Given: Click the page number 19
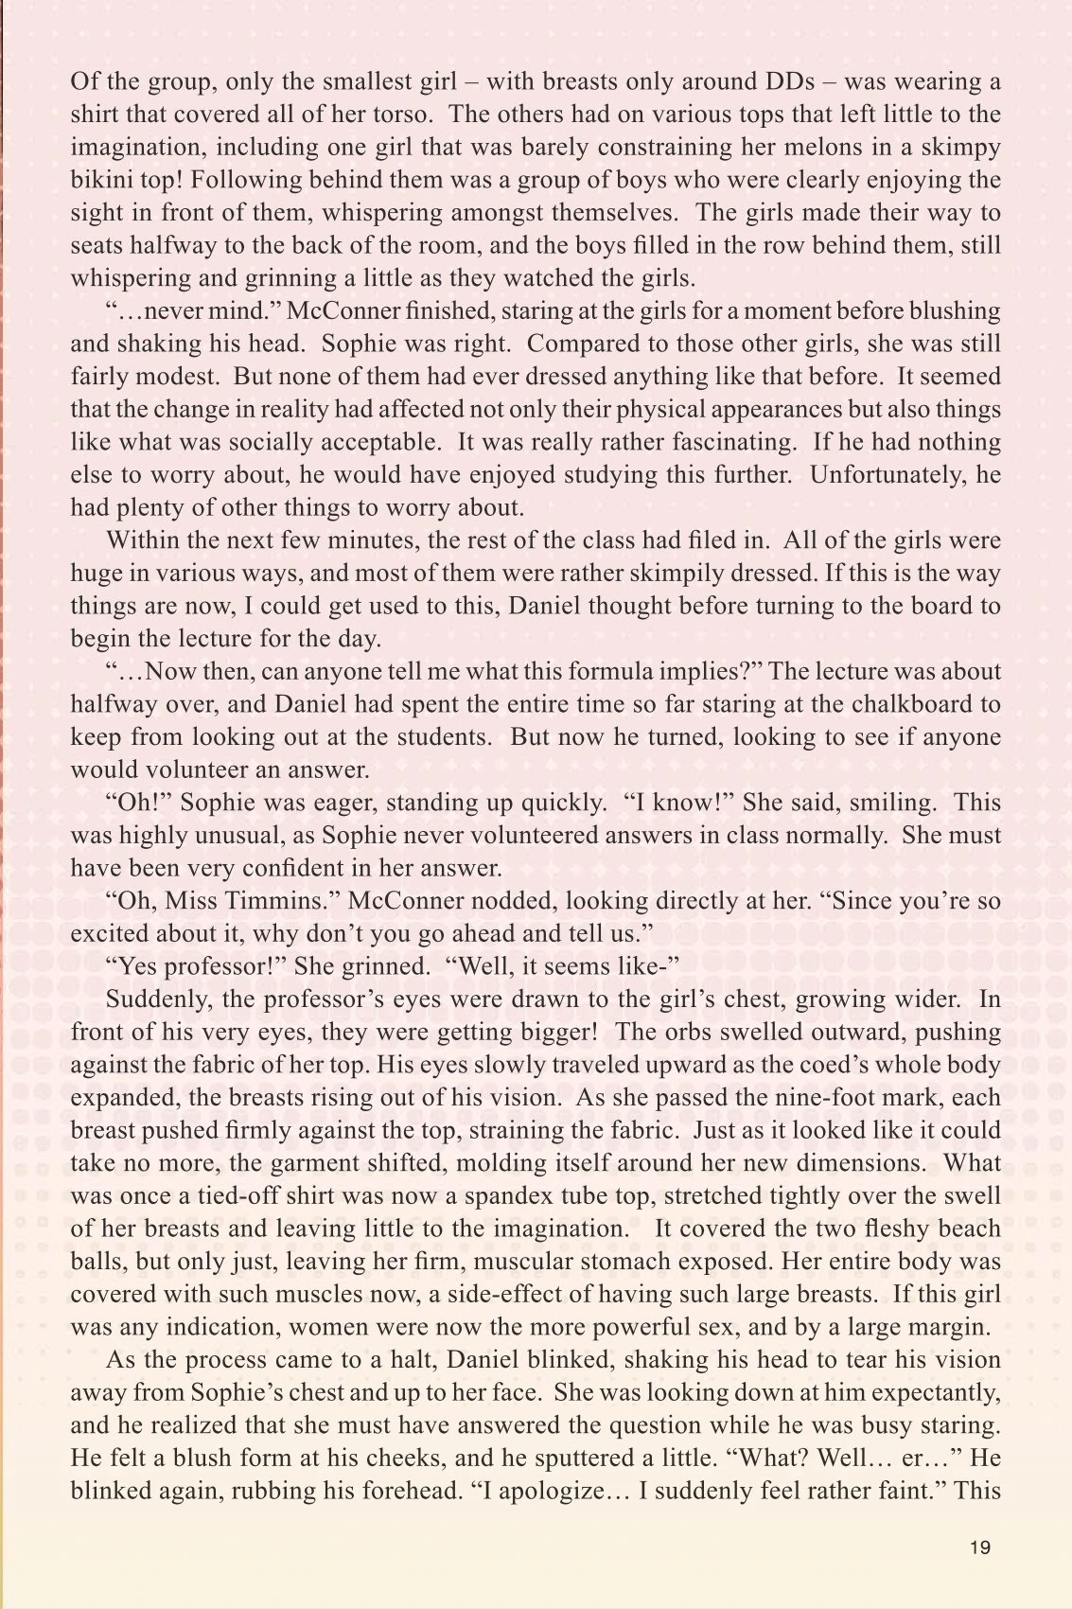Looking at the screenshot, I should coord(979,1547).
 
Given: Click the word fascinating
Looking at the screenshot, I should coord(712,442).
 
